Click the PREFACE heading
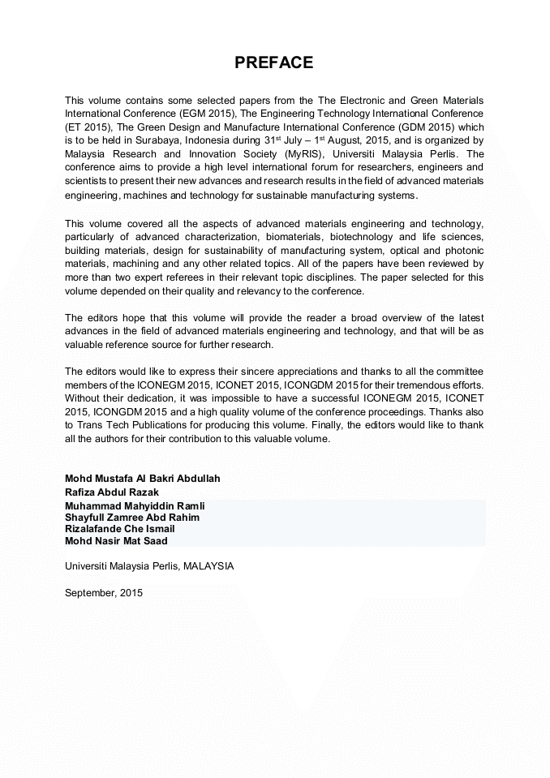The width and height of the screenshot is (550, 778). coord(274,63)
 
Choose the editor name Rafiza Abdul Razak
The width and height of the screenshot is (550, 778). coord(112,492)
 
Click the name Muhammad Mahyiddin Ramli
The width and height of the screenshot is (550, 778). coord(135,506)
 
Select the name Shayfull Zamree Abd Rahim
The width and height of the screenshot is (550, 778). coord(132,518)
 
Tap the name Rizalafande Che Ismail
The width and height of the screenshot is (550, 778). coord(119,529)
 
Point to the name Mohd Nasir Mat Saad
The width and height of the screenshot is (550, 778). coord(116,540)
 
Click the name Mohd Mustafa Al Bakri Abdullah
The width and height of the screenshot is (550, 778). coord(142,479)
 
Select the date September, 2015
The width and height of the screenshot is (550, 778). coord(104,593)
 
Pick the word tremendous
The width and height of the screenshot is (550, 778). coord(413,385)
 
